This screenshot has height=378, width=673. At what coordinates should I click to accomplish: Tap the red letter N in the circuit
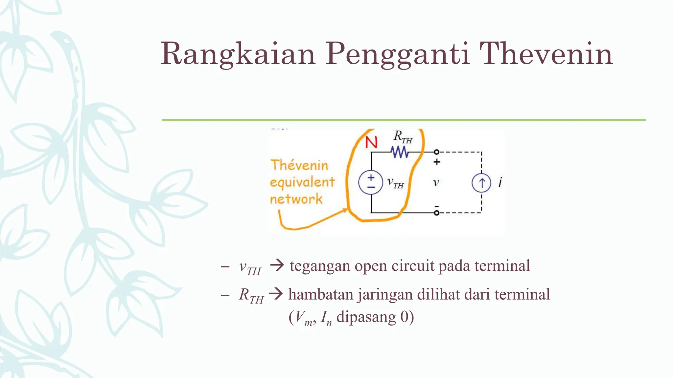pos(371,142)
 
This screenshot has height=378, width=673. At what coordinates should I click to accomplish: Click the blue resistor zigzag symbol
pos(400,152)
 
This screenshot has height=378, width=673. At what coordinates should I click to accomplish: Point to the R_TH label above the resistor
pos(403,137)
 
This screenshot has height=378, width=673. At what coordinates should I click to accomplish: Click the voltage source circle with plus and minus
pos(371,182)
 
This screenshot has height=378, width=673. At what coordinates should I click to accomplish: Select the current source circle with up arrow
pos(481,183)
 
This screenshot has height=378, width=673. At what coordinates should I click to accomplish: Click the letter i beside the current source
pos(500,182)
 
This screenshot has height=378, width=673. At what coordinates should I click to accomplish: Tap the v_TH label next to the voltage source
pos(395,183)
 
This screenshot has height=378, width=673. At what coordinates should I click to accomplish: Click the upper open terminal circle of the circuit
pos(436,152)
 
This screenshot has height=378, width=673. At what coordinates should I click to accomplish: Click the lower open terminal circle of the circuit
pos(436,213)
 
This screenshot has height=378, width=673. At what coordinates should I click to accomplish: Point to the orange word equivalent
pos(302,182)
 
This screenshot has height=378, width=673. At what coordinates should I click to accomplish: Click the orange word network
pos(296,199)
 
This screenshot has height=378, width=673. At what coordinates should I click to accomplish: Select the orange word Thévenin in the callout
pos(299,165)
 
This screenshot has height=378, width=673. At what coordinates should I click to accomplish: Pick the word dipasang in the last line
pos(366,317)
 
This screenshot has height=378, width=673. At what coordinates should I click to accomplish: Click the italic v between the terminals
pos(436,182)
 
